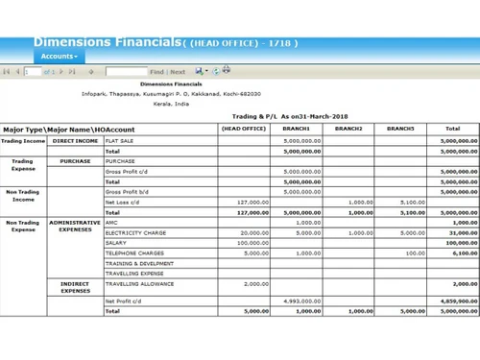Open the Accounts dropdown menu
(60, 57)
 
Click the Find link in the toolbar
(156, 72)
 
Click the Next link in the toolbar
(179, 72)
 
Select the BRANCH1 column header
(296, 129)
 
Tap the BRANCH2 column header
(348, 129)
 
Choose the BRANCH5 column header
(400, 129)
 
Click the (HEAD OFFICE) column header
(244, 129)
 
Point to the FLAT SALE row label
(120, 140)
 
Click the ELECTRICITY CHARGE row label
(135, 232)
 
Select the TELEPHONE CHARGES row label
(134, 253)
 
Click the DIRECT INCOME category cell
(75, 140)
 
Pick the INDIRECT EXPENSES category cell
(75, 288)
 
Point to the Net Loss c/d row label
(123, 203)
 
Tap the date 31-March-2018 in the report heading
(324, 116)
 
